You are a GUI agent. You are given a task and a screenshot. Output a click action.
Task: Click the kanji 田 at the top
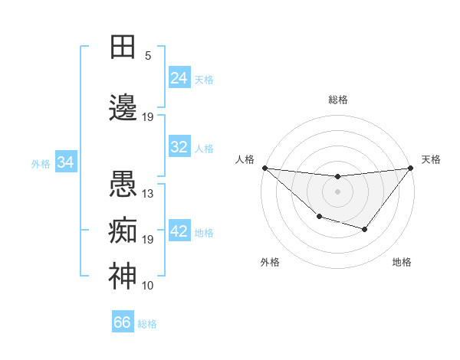pyautogui.click(x=123, y=46)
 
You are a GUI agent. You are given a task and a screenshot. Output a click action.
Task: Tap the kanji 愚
pyautogui.click(x=123, y=184)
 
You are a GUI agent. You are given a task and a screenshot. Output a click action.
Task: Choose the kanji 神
pyautogui.click(x=123, y=277)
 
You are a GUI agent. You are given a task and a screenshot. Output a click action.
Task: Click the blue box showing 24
pyautogui.click(x=179, y=78)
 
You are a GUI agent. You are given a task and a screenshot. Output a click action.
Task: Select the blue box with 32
pyautogui.click(x=179, y=147)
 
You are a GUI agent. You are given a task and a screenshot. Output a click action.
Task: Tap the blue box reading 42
pyautogui.click(x=179, y=231)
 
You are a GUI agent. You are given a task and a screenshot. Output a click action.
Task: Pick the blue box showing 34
pyautogui.click(x=66, y=162)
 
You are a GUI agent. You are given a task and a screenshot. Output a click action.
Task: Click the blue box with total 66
pyautogui.click(x=123, y=322)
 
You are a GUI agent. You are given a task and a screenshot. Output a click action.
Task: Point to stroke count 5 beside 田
pyautogui.click(x=148, y=56)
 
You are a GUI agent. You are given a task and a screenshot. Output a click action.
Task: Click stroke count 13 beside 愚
pyautogui.click(x=148, y=194)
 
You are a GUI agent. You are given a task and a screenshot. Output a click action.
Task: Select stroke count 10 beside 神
pyautogui.click(x=148, y=286)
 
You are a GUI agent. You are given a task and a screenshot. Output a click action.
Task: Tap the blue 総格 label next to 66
pyautogui.click(x=147, y=324)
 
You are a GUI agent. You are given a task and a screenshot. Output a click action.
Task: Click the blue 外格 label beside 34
pyautogui.click(x=41, y=163)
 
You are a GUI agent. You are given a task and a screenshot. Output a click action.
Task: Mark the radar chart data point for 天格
pyautogui.click(x=410, y=168)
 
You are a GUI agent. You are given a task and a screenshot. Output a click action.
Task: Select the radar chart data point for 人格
pyautogui.click(x=264, y=168)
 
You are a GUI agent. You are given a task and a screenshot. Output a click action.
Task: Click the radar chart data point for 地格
pyautogui.click(x=365, y=229)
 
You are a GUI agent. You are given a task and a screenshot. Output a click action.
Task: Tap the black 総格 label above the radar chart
pyautogui.click(x=337, y=100)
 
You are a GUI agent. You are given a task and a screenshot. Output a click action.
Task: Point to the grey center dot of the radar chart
pyautogui.click(x=337, y=191)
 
